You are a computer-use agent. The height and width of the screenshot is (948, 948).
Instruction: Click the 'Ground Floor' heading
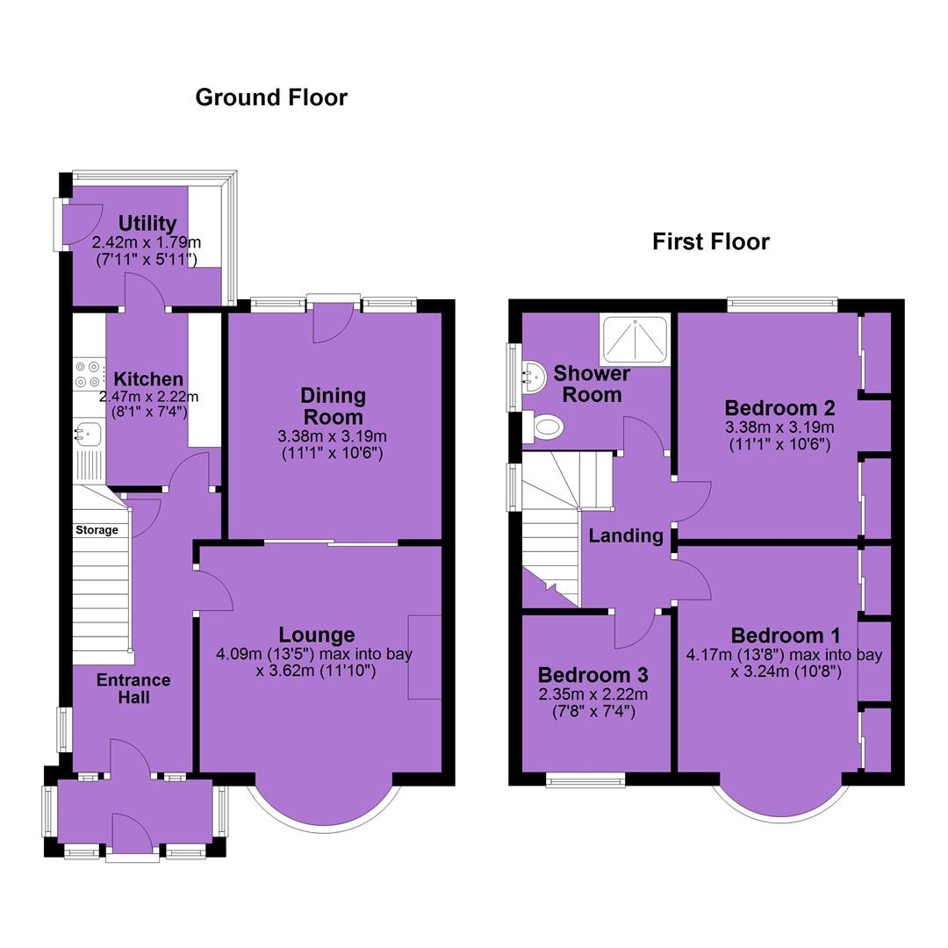coord(271,97)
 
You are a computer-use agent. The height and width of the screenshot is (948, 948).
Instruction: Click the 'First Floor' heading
coord(711,242)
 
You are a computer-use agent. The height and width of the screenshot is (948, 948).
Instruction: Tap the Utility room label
coord(147,223)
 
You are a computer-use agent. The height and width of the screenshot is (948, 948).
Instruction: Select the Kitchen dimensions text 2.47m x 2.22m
coord(148,398)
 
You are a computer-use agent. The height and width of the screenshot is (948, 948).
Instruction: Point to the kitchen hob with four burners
coord(88,374)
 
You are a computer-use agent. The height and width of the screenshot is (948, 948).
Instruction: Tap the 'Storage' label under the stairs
coord(97,530)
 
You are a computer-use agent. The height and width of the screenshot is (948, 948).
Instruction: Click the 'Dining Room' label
coord(334,406)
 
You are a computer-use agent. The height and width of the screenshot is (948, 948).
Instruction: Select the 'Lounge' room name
coord(317,635)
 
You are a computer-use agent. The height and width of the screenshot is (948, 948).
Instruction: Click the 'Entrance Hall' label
coord(133,689)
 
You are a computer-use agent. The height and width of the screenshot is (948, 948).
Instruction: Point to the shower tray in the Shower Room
coord(635,339)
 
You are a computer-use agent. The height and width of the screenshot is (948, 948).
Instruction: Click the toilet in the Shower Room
coord(543,427)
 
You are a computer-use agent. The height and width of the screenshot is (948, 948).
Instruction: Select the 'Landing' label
coord(626,535)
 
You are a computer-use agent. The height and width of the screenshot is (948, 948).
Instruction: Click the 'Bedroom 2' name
coord(780,408)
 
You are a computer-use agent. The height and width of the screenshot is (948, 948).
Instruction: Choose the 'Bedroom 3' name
coord(593,675)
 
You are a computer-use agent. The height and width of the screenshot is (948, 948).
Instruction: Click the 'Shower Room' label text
coord(592,384)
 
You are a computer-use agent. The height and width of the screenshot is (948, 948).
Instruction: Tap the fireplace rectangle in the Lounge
coord(425,657)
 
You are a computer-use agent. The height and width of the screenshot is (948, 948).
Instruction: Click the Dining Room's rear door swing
coord(334,323)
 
